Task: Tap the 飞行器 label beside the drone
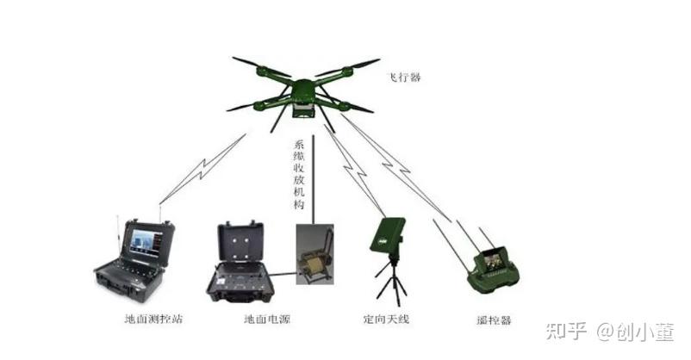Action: point(405,78)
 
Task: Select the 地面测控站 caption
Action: point(153,319)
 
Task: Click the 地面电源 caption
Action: point(267,319)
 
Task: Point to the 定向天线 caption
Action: point(386,319)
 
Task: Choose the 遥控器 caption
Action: point(494,320)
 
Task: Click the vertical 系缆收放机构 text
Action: point(299,174)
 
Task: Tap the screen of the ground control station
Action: point(146,241)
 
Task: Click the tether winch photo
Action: point(314,254)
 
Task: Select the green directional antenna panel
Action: point(388,237)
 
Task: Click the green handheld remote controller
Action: point(493,270)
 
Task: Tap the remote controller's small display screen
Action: point(492,260)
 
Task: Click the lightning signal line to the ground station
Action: point(202,169)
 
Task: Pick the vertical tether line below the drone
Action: point(314,179)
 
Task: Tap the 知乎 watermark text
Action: point(566,331)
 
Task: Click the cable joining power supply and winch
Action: point(283,275)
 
